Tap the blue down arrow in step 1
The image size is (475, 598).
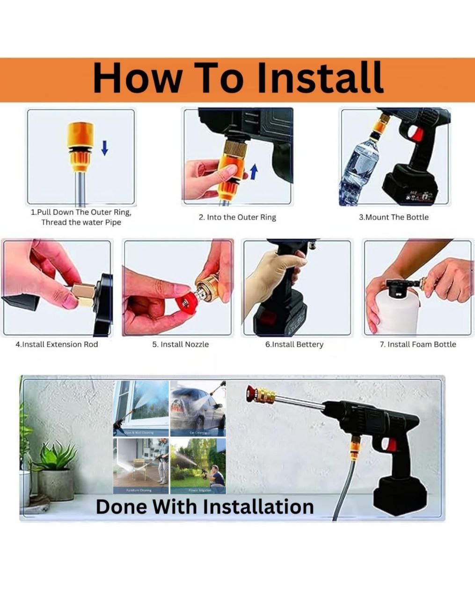tap(105, 148)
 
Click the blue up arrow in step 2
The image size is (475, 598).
tap(254, 171)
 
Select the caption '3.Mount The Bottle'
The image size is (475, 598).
tap(394, 217)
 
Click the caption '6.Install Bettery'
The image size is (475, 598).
tap(294, 344)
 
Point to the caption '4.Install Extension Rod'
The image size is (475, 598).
tap(57, 344)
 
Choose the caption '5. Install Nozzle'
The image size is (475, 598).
tap(180, 344)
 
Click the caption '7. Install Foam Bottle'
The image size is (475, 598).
tap(417, 344)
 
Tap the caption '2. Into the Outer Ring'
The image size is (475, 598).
tap(237, 217)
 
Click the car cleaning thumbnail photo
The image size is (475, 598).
tap(197, 408)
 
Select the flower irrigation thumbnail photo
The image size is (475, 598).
tap(197, 465)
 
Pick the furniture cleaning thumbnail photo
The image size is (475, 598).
tap(140, 465)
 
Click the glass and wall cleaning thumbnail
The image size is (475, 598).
tap(140, 408)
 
